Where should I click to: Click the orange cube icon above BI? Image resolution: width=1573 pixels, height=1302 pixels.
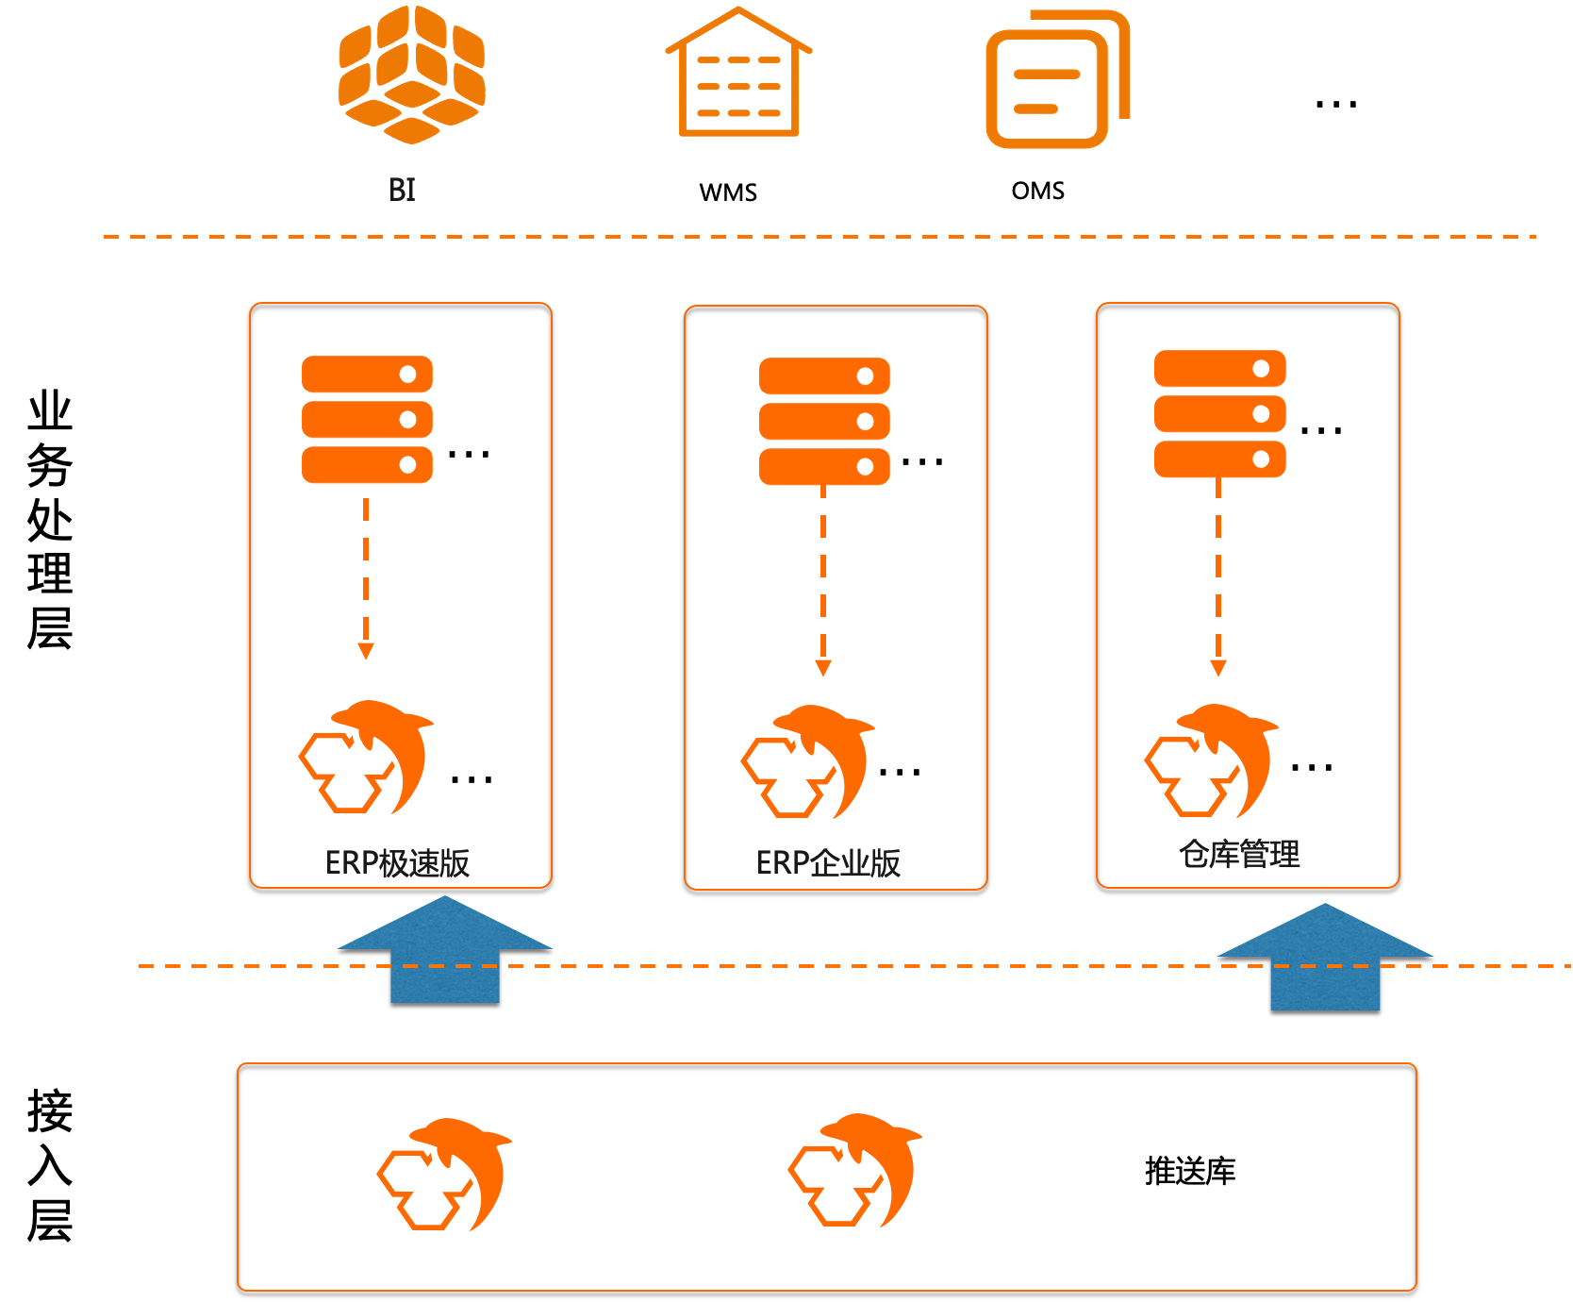(x=411, y=75)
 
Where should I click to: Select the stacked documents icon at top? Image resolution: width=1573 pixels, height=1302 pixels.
(x=1056, y=80)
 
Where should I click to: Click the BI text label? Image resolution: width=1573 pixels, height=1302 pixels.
(x=402, y=190)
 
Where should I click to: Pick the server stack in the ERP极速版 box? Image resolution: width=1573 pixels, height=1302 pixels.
(x=367, y=420)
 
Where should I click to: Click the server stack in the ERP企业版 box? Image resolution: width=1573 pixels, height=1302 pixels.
(x=824, y=422)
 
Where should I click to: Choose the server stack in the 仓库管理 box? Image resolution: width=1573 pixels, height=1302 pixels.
(x=1219, y=414)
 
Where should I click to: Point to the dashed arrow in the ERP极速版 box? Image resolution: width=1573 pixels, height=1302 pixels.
(x=366, y=577)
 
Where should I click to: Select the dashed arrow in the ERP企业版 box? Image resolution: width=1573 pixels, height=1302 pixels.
(x=823, y=580)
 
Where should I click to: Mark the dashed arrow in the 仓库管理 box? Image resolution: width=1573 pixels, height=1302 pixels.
(x=1218, y=577)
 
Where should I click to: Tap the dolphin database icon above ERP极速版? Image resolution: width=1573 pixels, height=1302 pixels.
(x=366, y=757)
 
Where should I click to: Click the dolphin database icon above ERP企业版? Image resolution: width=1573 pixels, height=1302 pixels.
(x=808, y=761)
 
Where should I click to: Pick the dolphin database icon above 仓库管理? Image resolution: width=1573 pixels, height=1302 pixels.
(x=1212, y=760)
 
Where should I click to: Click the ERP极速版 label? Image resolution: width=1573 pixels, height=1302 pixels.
(x=397, y=862)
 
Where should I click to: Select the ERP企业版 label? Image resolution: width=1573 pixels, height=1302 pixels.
(x=828, y=862)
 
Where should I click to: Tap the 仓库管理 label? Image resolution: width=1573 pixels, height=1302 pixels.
(x=1239, y=855)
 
